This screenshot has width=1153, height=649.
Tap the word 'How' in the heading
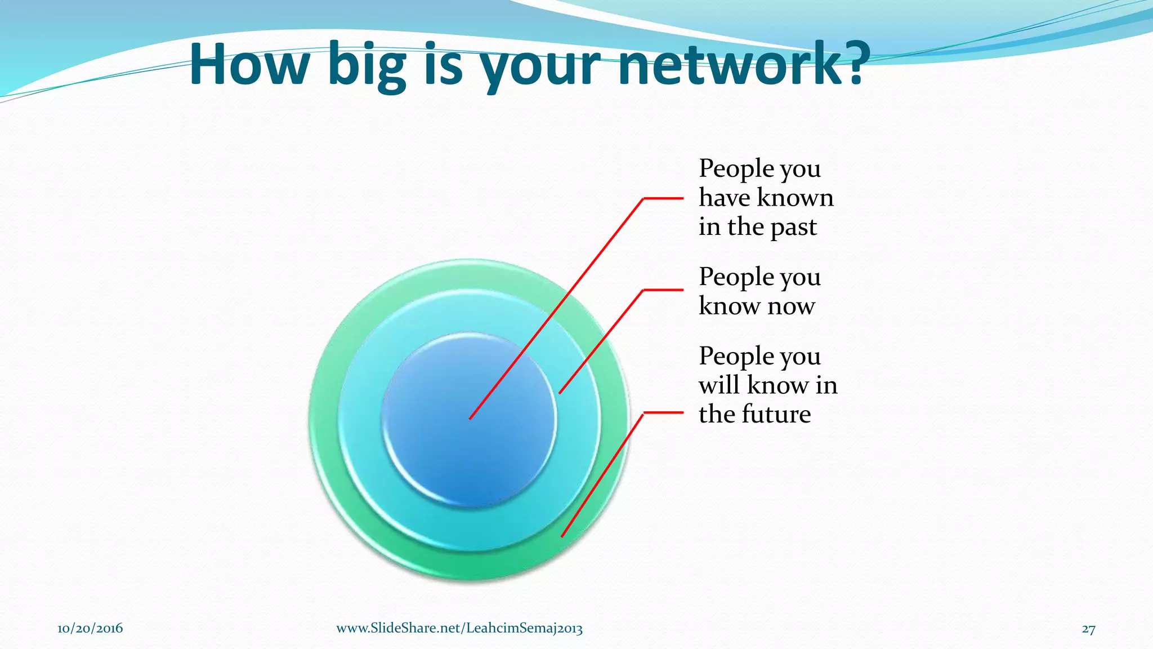249,64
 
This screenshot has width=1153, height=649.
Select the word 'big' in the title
367,66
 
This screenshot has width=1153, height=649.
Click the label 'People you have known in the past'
766,198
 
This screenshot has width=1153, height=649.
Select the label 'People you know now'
759,291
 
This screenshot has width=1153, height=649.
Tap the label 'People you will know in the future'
768,385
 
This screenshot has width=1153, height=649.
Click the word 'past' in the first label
793,228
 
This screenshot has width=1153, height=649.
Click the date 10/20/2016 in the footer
90,629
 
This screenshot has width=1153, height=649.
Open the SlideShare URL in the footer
459,629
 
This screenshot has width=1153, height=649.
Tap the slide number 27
1088,629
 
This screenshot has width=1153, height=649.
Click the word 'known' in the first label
796,198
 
